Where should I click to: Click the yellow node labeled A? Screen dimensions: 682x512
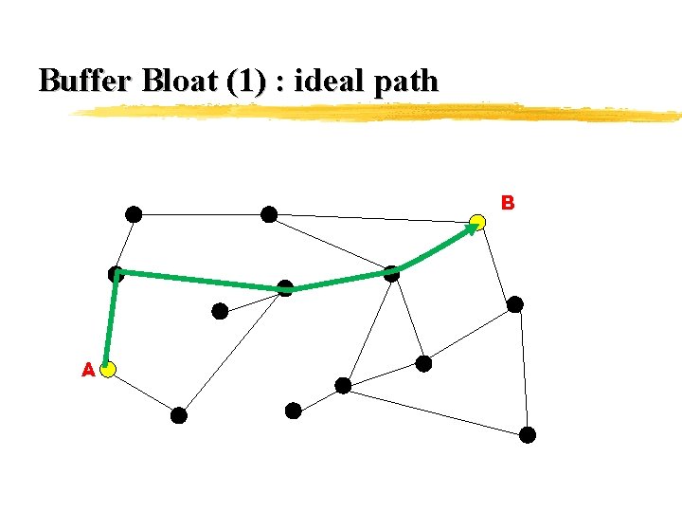[109, 369]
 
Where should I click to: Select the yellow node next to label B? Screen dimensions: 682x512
[478, 222]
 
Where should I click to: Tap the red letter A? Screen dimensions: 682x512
[88, 370]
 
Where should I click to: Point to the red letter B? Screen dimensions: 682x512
[508, 202]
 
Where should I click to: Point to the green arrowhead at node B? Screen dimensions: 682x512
[473, 229]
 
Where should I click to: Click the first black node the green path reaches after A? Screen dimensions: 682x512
[116, 274]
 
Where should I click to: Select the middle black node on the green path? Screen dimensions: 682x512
[285, 288]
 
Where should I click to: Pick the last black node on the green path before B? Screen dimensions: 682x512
[391, 273]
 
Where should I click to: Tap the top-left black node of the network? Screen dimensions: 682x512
[135, 214]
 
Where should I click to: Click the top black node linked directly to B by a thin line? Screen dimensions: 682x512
[269, 214]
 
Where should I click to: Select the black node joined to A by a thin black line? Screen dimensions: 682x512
[179, 415]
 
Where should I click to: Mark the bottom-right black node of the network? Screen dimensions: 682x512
[528, 435]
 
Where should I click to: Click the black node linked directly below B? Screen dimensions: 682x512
[514, 304]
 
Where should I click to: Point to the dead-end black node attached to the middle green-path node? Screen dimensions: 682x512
[220, 310]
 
